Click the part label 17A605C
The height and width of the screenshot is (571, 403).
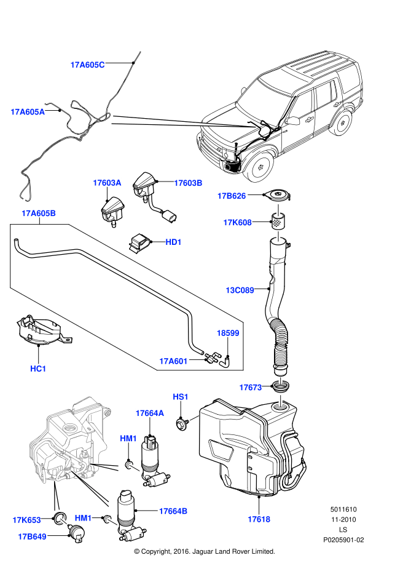[x=88, y=64]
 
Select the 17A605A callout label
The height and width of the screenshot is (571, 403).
[x=28, y=112]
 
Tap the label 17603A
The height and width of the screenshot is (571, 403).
[x=107, y=183]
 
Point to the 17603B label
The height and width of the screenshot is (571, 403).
[x=188, y=183]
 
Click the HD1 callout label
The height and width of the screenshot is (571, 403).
[x=173, y=242]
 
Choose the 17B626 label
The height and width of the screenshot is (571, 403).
[x=231, y=196]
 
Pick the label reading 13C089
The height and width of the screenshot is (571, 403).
[x=239, y=289]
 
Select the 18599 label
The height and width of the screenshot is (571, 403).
[x=228, y=333]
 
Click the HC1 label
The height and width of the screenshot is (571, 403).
[x=38, y=369]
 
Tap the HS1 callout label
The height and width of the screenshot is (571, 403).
[x=181, y=397]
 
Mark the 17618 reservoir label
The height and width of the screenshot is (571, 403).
[x=259, y=519]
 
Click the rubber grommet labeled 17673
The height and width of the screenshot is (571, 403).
[x=282, y=388]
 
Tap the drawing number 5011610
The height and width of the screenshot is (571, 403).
[x=344, y=509]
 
